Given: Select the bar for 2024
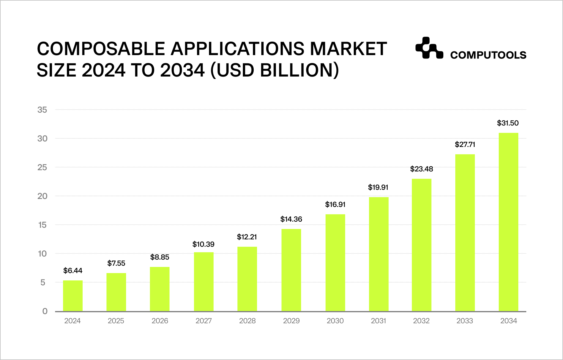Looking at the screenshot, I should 73,296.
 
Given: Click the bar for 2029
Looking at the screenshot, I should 291,270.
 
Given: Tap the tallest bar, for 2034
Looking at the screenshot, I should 509,222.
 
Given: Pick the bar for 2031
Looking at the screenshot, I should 379,254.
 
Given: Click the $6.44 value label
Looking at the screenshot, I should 73,271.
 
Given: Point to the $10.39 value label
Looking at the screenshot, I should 203,244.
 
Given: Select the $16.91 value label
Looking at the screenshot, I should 335,204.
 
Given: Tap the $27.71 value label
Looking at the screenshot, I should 465,144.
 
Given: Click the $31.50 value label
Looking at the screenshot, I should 508,123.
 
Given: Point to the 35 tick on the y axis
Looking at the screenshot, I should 43,110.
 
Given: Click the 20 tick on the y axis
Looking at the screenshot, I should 43,196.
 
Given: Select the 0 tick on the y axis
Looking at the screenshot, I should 45,311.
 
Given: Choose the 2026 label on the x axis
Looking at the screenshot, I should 160,321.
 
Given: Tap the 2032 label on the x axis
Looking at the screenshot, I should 421,321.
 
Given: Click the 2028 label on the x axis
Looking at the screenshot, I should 247,321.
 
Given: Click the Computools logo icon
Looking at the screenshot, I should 429,48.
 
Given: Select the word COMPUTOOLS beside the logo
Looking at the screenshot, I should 488,55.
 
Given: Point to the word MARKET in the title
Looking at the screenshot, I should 349,49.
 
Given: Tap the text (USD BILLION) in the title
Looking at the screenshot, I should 275,70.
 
